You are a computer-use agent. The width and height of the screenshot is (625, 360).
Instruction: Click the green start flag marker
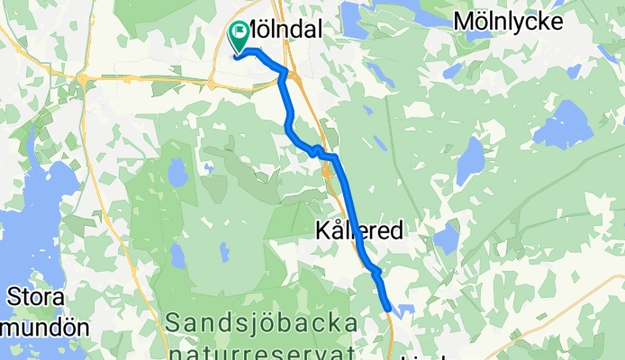tap(240, 36)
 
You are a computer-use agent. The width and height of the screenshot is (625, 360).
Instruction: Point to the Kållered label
tap(359, 231)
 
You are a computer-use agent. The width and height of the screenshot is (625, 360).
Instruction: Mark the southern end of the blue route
tap(390, 309)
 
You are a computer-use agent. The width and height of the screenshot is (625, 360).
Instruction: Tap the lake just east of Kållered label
tap(445, 238)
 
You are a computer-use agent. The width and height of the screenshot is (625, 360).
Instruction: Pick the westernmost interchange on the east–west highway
tap(83, 79)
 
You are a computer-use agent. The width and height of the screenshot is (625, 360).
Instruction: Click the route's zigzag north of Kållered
tap(319, 149)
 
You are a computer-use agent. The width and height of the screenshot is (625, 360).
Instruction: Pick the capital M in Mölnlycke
tap(465, 21)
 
